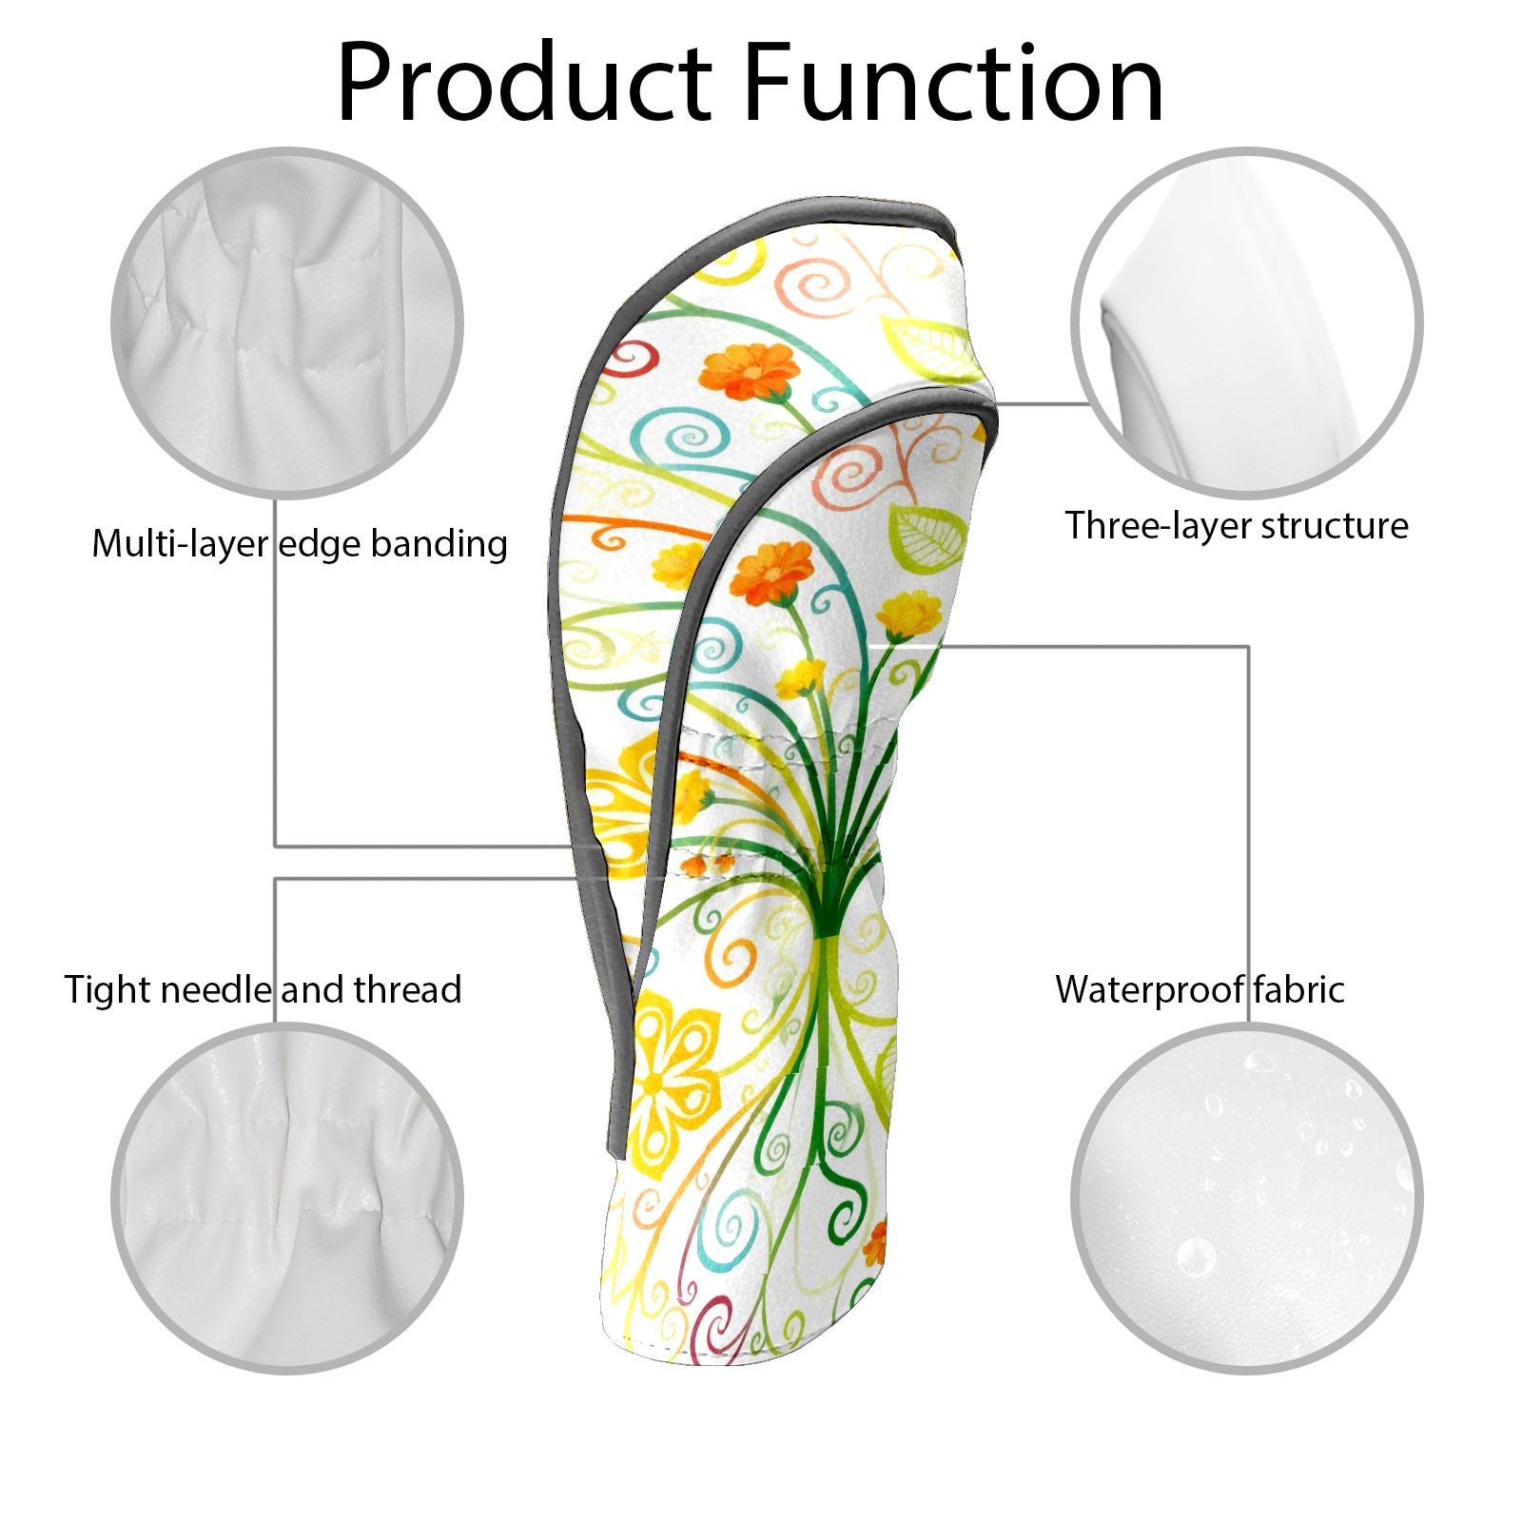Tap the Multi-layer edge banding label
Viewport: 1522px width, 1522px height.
300,544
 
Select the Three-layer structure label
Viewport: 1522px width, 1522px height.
1236,526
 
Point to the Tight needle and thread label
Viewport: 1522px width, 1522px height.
263,990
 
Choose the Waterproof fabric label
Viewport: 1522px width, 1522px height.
1200,990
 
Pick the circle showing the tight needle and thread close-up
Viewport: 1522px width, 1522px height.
287,1198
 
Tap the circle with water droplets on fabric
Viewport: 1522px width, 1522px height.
1246,1198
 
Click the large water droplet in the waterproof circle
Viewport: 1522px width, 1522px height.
1195,1257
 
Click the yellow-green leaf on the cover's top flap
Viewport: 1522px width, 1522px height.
927,344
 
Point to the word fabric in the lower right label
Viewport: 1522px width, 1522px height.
1298,990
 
